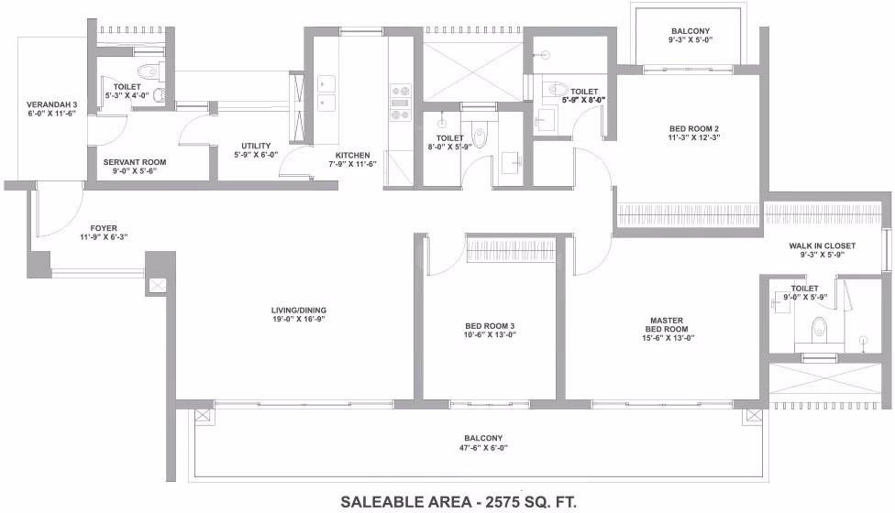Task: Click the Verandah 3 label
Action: [52, 104]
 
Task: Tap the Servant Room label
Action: [135, 162]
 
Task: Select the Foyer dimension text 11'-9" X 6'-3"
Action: [104, 237]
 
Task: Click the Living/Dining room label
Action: [299, 311]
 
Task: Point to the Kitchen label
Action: [353, 155]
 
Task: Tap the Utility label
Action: [256, 146]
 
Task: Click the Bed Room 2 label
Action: [694, 129]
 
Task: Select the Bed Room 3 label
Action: [490, 326]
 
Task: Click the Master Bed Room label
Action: [667, 325]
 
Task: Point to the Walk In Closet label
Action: [822, 246]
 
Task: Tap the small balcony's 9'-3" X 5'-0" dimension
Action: [691, 40]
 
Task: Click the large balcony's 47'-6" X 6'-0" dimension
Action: [483, 448]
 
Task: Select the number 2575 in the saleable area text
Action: [503, 502]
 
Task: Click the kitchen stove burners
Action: [401, 103]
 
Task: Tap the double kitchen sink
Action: [326, 93]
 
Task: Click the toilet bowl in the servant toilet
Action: [148, 71]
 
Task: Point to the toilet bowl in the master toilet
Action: [819, 328]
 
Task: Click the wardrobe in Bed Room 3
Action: [512, 249]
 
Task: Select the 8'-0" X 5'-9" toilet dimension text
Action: [449, 147]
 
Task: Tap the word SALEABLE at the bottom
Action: [390, 502]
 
